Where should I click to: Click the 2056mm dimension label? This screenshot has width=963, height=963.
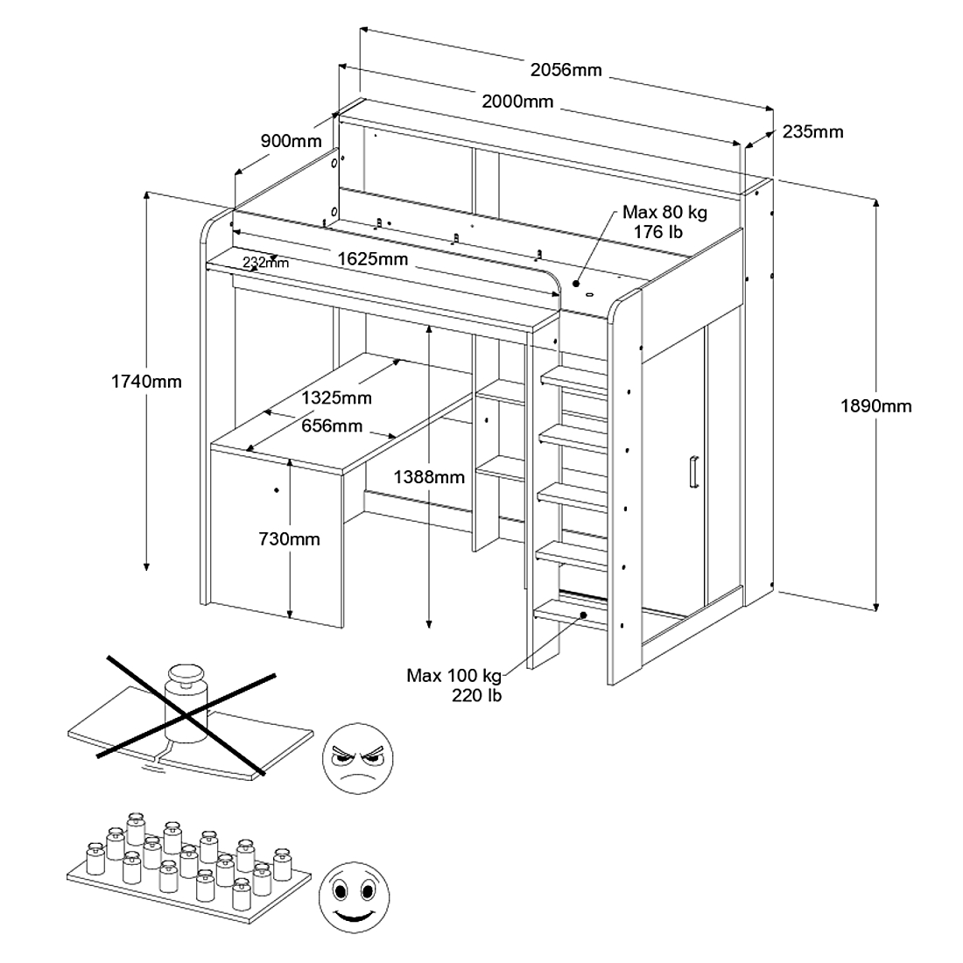566,69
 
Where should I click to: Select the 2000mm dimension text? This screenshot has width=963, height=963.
517,102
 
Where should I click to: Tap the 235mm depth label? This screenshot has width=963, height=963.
812,132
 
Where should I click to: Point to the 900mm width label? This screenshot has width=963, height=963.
291,141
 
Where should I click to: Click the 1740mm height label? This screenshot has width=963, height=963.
146,381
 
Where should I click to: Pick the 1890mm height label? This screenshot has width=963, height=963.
875,405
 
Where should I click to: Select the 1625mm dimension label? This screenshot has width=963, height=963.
373,259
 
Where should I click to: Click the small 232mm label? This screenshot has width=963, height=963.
265,262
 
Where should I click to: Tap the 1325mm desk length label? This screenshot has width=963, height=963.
336,398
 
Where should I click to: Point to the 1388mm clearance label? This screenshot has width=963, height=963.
429,477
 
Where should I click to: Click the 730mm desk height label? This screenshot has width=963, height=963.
289,539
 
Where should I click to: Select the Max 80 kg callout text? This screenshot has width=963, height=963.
664,221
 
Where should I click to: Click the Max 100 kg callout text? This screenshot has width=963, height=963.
453,685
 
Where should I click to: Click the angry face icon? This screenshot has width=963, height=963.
357,758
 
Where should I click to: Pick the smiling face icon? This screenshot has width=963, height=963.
354,897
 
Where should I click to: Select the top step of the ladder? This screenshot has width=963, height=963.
574,379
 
